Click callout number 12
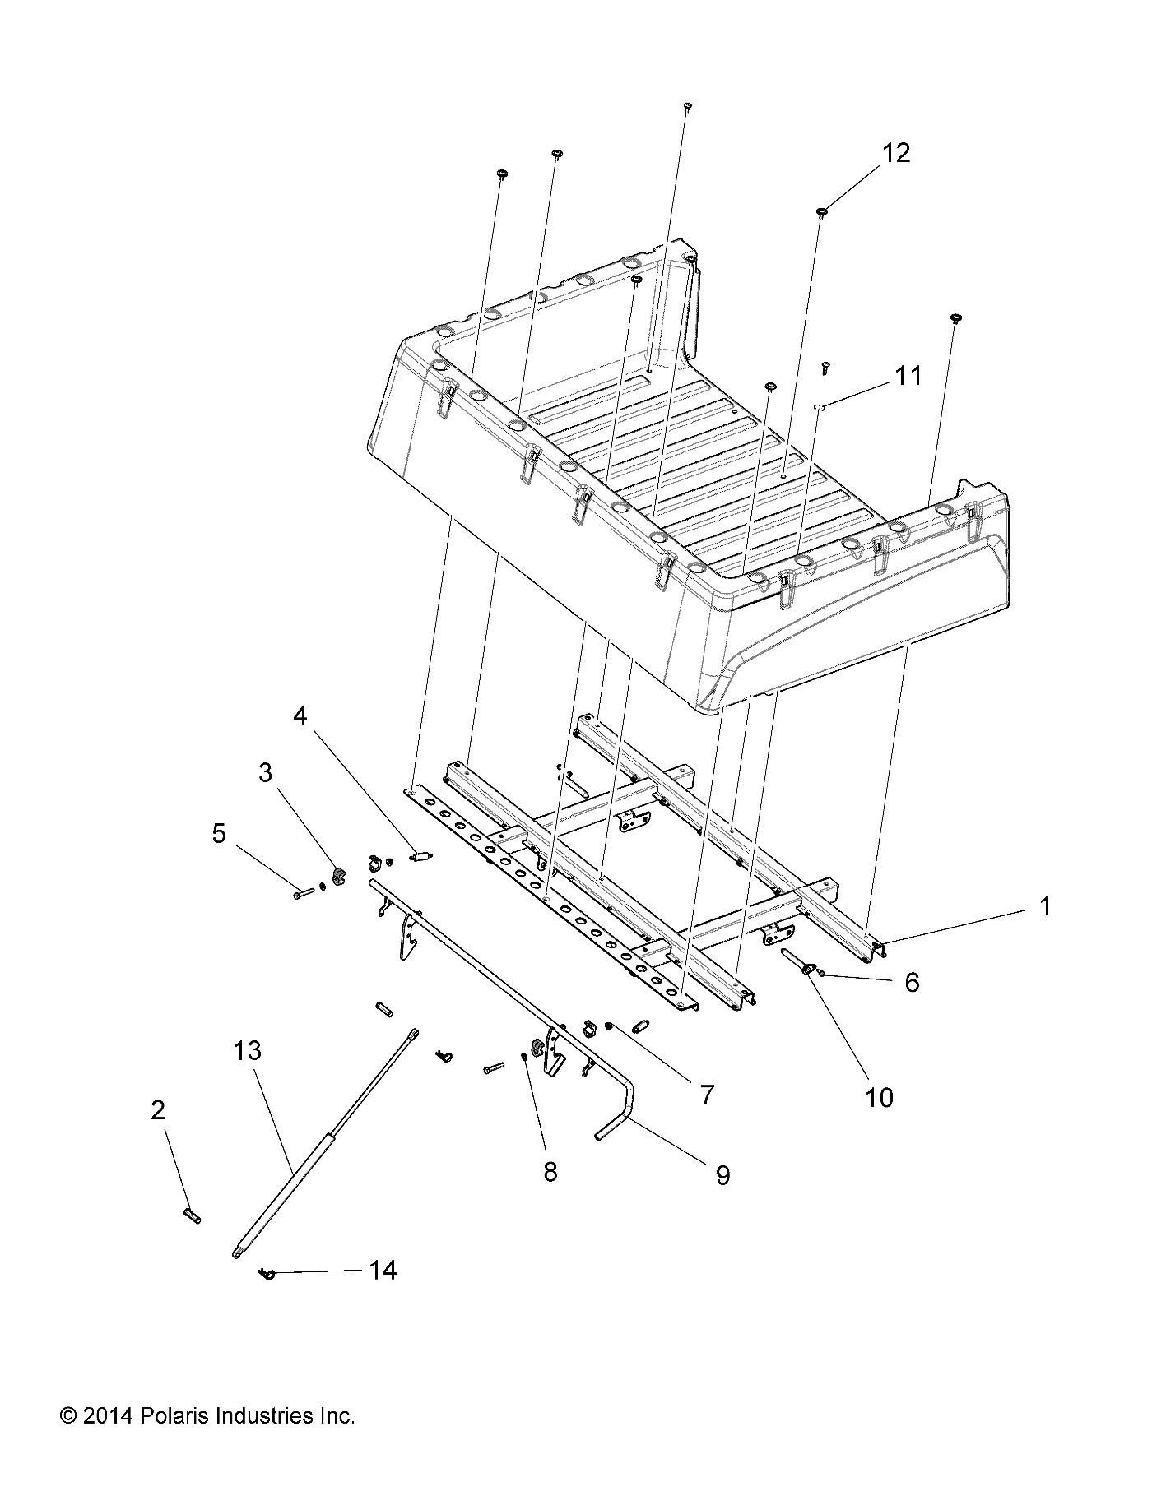pos(896,153)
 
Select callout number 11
pos(908,376)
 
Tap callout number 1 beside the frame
pos(1044,906)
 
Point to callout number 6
pos(911,982)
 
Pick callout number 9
pos(722,1175)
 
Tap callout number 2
pos(157,1110)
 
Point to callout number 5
pos(218,833)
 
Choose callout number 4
pos(300,715)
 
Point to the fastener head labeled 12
pos(821,212)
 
